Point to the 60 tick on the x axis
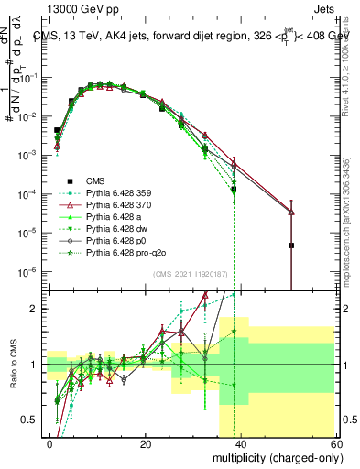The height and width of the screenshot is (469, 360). (x=335, y=442)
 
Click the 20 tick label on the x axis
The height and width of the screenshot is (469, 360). (x=146, y=442)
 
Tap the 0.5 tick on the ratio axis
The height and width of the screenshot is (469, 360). (x=33, y=420)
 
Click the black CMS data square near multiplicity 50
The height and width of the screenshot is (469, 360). (x=290, y=245)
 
